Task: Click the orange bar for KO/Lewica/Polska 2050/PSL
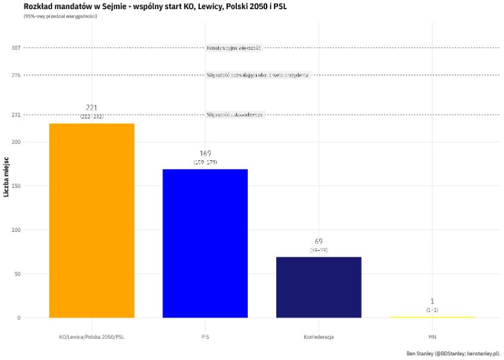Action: click(92, 220)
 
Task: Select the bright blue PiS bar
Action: click(205, 243)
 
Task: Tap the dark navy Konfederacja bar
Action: click(319, 287)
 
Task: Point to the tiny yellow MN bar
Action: click(432, 317)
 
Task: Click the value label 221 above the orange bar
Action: click(92, 107)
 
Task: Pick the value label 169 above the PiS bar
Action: click(205, 153)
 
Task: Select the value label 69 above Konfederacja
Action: click(319, 241)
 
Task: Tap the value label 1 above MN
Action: click(432, 301)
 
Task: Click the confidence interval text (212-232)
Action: click(92, 116)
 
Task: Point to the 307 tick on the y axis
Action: click(16, 48)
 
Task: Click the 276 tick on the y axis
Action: click(16, 75)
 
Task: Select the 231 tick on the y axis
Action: click(16, 115)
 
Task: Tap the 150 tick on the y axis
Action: click(16, 186)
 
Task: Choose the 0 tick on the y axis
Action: click(19, 318)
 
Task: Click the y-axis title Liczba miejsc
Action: click(6, 177)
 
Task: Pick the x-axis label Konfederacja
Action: click(319, 336)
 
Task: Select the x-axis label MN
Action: click(432, 336)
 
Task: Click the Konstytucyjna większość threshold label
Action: click(234, 48)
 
